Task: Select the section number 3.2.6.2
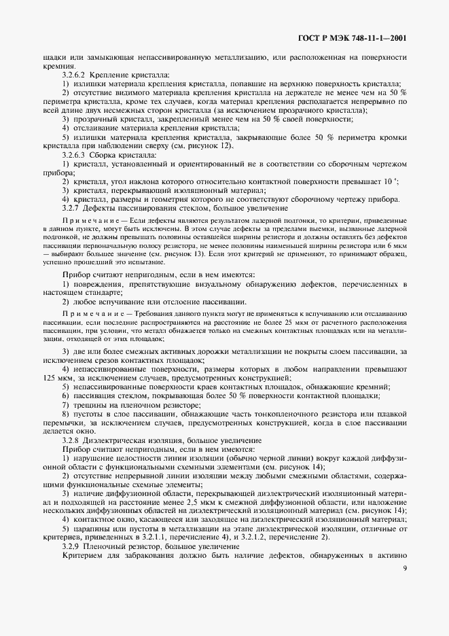(x=75, y=74)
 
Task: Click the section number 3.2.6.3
(x=75, y=155)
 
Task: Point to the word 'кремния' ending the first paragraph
(x=54, y=66)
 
